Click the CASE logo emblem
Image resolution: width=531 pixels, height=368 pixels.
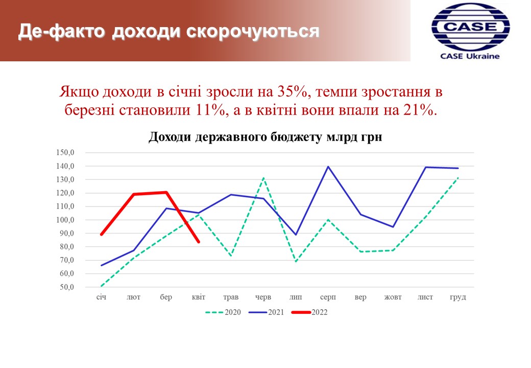470,28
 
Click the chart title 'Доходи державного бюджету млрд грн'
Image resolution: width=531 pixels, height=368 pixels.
265,137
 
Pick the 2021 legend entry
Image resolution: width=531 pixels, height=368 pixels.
266,312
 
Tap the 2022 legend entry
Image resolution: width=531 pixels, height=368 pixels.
309,312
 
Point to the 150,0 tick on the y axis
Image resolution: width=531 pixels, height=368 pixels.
65,152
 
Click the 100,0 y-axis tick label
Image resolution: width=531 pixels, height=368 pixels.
65,220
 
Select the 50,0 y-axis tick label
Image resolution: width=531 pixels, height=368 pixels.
67,287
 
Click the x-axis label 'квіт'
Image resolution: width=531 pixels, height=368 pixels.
199,297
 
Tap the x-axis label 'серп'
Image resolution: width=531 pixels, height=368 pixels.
328,297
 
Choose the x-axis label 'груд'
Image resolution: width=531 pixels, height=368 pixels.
458,297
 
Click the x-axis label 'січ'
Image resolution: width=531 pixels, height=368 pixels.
101,297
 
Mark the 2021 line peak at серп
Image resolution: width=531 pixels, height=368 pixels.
328,167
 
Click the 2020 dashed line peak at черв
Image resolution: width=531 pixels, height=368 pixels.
263,178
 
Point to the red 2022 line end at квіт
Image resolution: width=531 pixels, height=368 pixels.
199,242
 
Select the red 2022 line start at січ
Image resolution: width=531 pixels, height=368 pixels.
101,235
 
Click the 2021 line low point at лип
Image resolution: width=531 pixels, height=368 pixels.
296,235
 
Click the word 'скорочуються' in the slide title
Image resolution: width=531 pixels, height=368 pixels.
253,31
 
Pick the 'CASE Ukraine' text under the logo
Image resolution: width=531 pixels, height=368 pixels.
470,56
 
